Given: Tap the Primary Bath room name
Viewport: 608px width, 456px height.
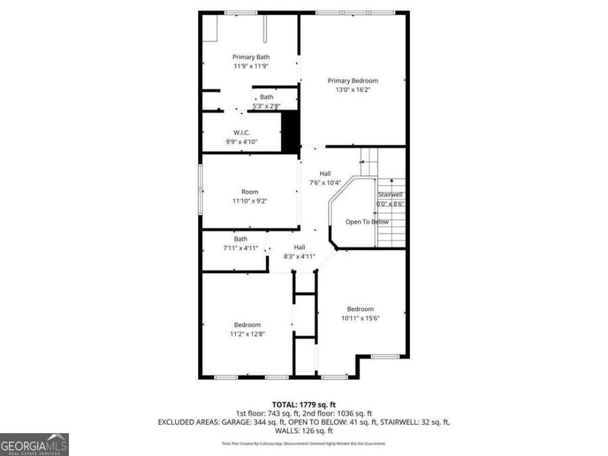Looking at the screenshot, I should tap(251, 57).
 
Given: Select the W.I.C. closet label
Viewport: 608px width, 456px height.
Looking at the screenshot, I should tap(242, 132).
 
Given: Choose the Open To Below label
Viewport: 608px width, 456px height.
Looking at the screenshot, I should tap(367, 222).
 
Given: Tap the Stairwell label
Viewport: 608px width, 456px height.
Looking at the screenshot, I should tap(390, 195).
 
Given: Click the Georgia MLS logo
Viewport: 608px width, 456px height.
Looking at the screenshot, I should tap(34, 445).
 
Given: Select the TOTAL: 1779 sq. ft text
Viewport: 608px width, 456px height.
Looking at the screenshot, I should tap(304, 404).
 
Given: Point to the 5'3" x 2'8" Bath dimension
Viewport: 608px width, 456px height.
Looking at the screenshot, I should tap(266, 106).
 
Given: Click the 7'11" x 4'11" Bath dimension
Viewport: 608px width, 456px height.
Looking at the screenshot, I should tap(241, 248).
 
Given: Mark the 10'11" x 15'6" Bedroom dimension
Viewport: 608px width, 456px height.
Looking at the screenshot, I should tap(360, 318).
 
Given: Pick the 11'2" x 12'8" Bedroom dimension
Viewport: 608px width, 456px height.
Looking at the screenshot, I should tap(247, 334).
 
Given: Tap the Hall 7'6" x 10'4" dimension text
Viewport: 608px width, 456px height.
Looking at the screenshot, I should tap(325, 182).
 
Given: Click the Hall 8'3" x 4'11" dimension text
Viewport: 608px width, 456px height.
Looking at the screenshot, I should tap(299, 256).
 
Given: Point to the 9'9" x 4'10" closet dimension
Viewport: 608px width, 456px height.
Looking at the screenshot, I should tap(242, 142).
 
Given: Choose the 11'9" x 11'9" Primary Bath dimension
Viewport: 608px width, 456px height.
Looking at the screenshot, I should tap(251, 66).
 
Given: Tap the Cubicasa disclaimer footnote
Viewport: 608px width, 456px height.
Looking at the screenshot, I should tap(304, 443).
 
